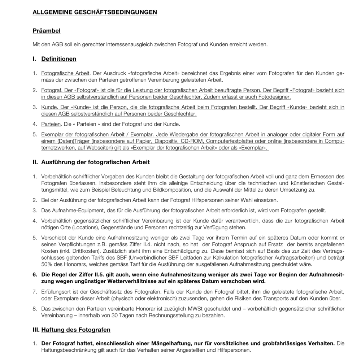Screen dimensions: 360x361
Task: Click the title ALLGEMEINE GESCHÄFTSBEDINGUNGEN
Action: coord(95,12)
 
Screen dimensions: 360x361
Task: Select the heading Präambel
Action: coord(47,31)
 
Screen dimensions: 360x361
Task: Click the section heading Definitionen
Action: coord(59,58)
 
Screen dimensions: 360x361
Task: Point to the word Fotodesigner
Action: coord(275,97)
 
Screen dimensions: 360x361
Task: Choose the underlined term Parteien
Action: coord(51,124)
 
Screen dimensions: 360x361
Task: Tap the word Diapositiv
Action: coord(160,141)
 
